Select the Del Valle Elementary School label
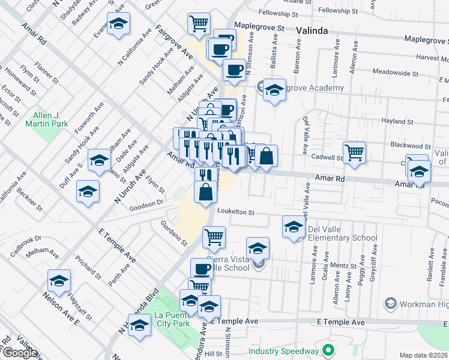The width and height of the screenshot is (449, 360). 342,233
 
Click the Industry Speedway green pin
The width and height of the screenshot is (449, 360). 329,350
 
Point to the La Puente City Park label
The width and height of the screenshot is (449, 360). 172,319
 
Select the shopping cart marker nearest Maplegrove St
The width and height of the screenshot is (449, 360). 199,24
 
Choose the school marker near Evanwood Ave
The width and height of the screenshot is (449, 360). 119,24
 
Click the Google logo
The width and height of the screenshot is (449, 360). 20,353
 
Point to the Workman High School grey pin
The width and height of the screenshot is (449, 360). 391,303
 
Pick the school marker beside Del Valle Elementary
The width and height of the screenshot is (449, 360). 294,227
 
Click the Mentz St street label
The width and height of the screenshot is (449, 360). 343,265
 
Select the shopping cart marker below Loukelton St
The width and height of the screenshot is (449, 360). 214,238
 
